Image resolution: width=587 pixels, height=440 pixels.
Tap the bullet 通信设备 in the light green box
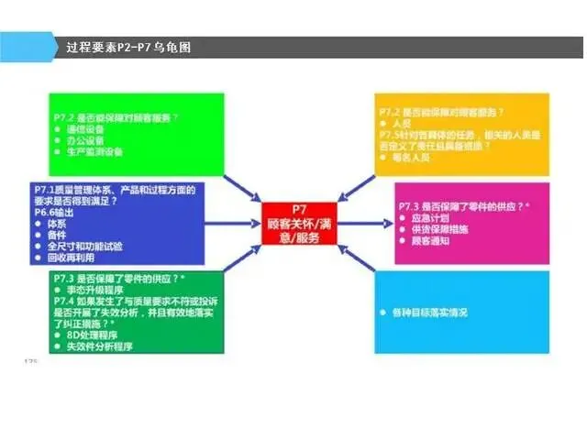point(86,129)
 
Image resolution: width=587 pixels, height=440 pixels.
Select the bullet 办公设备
point(86,140)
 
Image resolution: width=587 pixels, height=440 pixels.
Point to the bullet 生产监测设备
point(94,151)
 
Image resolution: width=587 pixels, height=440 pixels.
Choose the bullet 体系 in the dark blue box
point(70,224)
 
